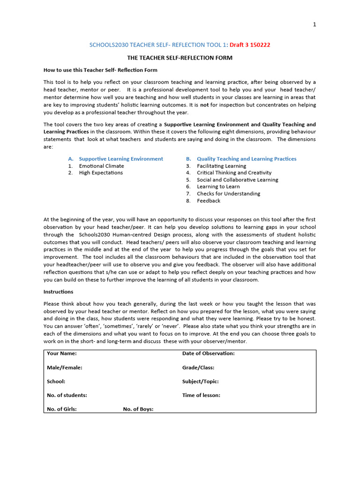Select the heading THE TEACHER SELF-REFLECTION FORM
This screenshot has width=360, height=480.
coord(180,58)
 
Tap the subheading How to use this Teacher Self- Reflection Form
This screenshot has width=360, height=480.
coord(100,70)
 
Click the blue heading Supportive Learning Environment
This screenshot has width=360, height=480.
coord(121,159)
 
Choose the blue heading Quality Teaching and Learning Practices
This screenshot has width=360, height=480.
coord(247,159)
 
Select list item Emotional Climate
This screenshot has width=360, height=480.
coord(101,166)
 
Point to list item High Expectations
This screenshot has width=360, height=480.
coord(101,173)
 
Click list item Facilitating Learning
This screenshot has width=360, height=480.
coord(221,166)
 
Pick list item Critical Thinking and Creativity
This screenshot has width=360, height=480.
coord(234,173)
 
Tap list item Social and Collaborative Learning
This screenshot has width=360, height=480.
coord(237,180)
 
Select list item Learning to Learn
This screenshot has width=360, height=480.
coord(218,187)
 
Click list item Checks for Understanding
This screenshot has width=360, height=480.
coord(228,194)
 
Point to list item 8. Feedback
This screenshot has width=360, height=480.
coord(208,201)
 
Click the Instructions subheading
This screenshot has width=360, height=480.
coord(58,292)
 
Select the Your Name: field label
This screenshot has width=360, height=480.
coord(62,353)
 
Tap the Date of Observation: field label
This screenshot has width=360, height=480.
coord(208,353)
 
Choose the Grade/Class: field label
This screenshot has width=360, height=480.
coord(198,367)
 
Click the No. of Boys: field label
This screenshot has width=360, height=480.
coord(138,409)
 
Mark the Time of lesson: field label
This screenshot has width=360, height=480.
coord(201,395)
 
